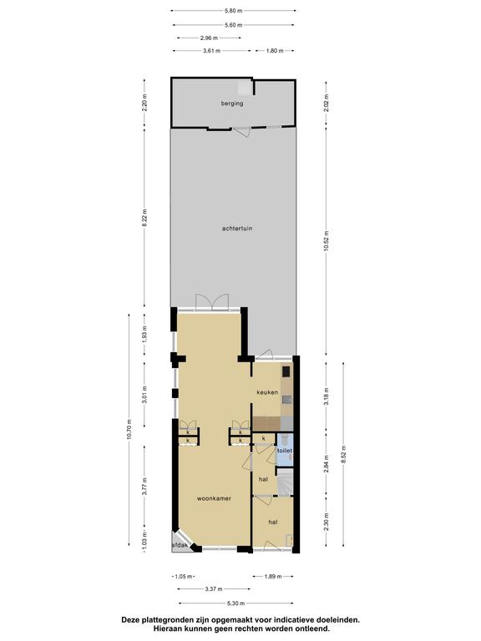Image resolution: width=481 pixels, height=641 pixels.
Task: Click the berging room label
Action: pyautogui.click(x=232, y=103)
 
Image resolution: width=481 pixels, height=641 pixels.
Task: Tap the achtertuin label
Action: pyautogui.click(x=237, y=229)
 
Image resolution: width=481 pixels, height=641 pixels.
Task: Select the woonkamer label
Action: pyautogui.click(x=214, y=498)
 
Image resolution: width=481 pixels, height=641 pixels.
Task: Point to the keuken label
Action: pyautogui.click(x=267, y=392)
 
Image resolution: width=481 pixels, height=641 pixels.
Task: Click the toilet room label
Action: pyautogui.click(x=285, y=451)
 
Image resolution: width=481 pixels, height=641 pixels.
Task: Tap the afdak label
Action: pyautogui.click(x=180, y=545)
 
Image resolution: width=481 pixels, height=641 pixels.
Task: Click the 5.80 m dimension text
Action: pyautogui.click(x=233, y=11)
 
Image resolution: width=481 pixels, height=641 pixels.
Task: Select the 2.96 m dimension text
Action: pyautogui.click(x=209, y=38)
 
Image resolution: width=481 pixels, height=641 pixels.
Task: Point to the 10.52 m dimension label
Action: pyautogui.click(x=326, y=241)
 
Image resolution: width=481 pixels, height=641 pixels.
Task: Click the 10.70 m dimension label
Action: pyautogui.click(x=129, y=429)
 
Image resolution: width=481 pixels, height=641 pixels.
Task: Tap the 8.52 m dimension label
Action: pyautogui.click(x=343, y=455)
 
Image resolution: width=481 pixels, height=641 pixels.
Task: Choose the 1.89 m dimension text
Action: pyautogui.click(x=273, y=577)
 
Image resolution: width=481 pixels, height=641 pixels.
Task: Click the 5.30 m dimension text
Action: pyautogui.click(x=235, y=603)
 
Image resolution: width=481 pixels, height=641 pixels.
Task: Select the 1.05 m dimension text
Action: pyautogui.click(x=183, y=577)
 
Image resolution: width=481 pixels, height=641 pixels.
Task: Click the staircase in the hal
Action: pyautogui.click(x=286, y=482)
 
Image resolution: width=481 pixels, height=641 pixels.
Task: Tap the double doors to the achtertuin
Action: pyautogui.click(x=211, y=302)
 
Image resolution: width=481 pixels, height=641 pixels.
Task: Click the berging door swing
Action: pyautogui.click(x=241, y=132)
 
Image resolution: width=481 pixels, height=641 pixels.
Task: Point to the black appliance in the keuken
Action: pyautogui.click(x=286, y=371)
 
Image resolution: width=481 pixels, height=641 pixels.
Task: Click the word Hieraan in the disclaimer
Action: pyautogui.click(x=169, y=628)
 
